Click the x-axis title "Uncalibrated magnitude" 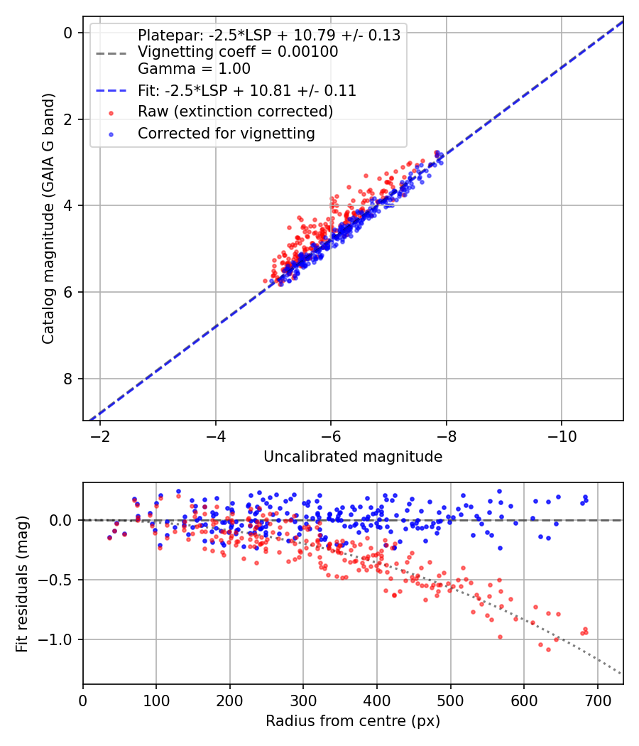[x=353, y=457]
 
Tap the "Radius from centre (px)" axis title [x=353, y=721]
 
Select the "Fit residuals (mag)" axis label [x=22, y=584]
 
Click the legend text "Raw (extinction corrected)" [x=235, y=112]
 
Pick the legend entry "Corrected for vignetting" [x=226, y=133]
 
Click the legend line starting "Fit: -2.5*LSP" [x=246, y=91]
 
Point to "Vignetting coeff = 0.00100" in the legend [x=238, y=52]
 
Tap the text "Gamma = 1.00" [x=194, y=70]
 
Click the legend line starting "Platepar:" [x=268, y=35]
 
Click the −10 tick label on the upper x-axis [x=561, y=436]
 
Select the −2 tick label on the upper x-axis [x=100, y=436]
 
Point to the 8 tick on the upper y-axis [x=68, y=379]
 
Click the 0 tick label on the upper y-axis [x=68, y=33]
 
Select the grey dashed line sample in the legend [x=111, y=53]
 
